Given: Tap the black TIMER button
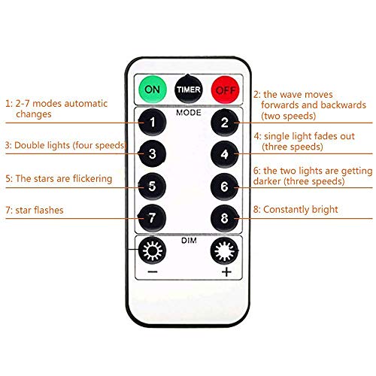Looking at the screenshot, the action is (x=189, y=89).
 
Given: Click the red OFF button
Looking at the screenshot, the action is (x=225, y=89).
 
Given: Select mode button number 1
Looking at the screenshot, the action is (x=152, y=123).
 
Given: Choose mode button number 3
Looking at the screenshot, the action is (x=152, y=153).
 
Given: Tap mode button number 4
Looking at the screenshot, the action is (x=225, y=154).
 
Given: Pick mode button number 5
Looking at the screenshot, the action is (x=152, y=186).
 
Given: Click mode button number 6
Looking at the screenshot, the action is (x=225, y=186).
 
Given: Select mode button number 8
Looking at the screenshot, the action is (x=225, y=218).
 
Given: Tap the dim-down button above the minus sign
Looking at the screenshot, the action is (x=152, y=250).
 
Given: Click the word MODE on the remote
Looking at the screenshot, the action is (x=189, y=113).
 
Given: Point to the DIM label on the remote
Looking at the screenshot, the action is (x=189, y=241).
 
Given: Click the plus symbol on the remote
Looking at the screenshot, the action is (x=226, y=272).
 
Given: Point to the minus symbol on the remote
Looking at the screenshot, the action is (x=153, y=271).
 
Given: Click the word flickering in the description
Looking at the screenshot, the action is (x=92, y=179).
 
